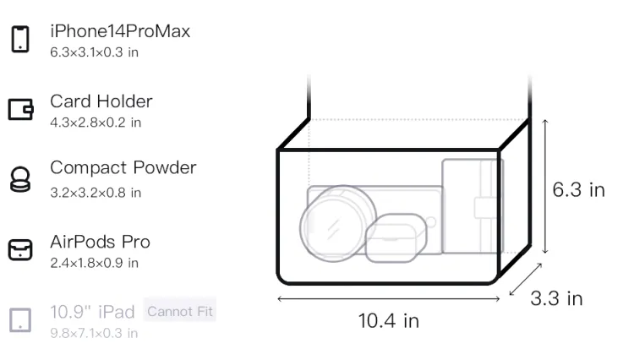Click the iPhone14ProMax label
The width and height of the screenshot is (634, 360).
tap(120, 31)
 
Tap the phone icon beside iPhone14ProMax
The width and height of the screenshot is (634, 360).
tap(20, 39)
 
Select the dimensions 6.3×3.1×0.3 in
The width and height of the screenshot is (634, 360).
tap(94, 52)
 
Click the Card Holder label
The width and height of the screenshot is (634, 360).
tap(101, 101)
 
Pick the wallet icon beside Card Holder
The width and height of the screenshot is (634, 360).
tap(20, 109)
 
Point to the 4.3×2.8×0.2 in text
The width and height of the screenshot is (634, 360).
tap(96, 123)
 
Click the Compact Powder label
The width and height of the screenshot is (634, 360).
tap(123, 167)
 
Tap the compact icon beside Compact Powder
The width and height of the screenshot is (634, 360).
tap(20, 179)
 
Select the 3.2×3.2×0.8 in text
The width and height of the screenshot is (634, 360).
tap(96, 193)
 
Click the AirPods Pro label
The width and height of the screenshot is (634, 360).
tap(101, 242)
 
